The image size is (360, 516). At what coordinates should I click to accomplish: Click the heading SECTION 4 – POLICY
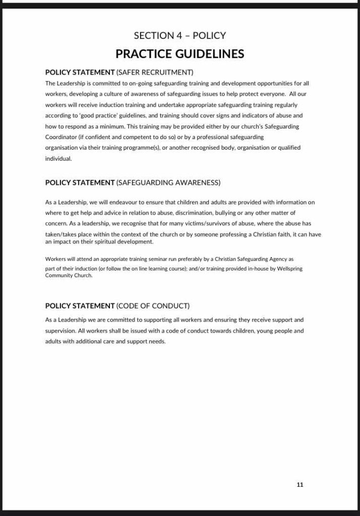coord(180,35)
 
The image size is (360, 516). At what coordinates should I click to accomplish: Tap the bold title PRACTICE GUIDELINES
coord(180,53)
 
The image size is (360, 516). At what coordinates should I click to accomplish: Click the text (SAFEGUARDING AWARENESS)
coord(168,182)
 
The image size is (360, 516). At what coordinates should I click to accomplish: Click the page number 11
coord(300,485)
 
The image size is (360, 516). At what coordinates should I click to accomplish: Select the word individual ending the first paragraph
coord(58,158)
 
